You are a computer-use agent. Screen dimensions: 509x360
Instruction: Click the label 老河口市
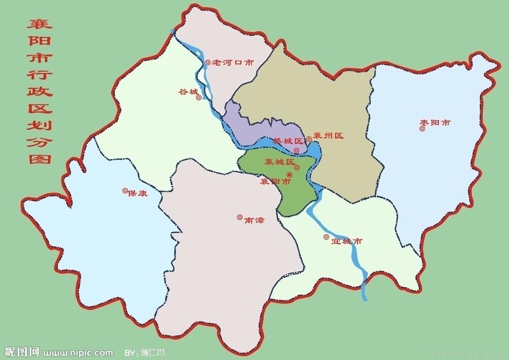233,63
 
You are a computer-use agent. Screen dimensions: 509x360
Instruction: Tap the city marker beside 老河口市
208,63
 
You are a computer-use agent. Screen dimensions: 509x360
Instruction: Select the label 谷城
188,92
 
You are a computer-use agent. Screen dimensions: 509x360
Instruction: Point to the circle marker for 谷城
199,97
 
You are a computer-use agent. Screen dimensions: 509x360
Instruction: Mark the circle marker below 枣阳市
422,129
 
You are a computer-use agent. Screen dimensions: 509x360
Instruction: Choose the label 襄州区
329,136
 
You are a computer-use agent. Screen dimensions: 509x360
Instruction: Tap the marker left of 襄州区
309,139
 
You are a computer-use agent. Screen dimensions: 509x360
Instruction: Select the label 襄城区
279,162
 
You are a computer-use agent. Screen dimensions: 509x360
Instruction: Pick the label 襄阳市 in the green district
275,181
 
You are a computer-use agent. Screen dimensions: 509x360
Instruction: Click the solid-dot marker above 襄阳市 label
289,175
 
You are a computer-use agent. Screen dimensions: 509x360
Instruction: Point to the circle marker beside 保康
125,190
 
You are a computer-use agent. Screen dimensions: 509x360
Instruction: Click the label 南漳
254,220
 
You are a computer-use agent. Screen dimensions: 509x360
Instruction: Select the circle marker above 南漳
240,217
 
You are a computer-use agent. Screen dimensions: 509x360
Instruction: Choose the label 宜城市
346,242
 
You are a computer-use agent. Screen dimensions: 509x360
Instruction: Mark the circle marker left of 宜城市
326,237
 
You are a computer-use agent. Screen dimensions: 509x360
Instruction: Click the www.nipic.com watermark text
78,353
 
